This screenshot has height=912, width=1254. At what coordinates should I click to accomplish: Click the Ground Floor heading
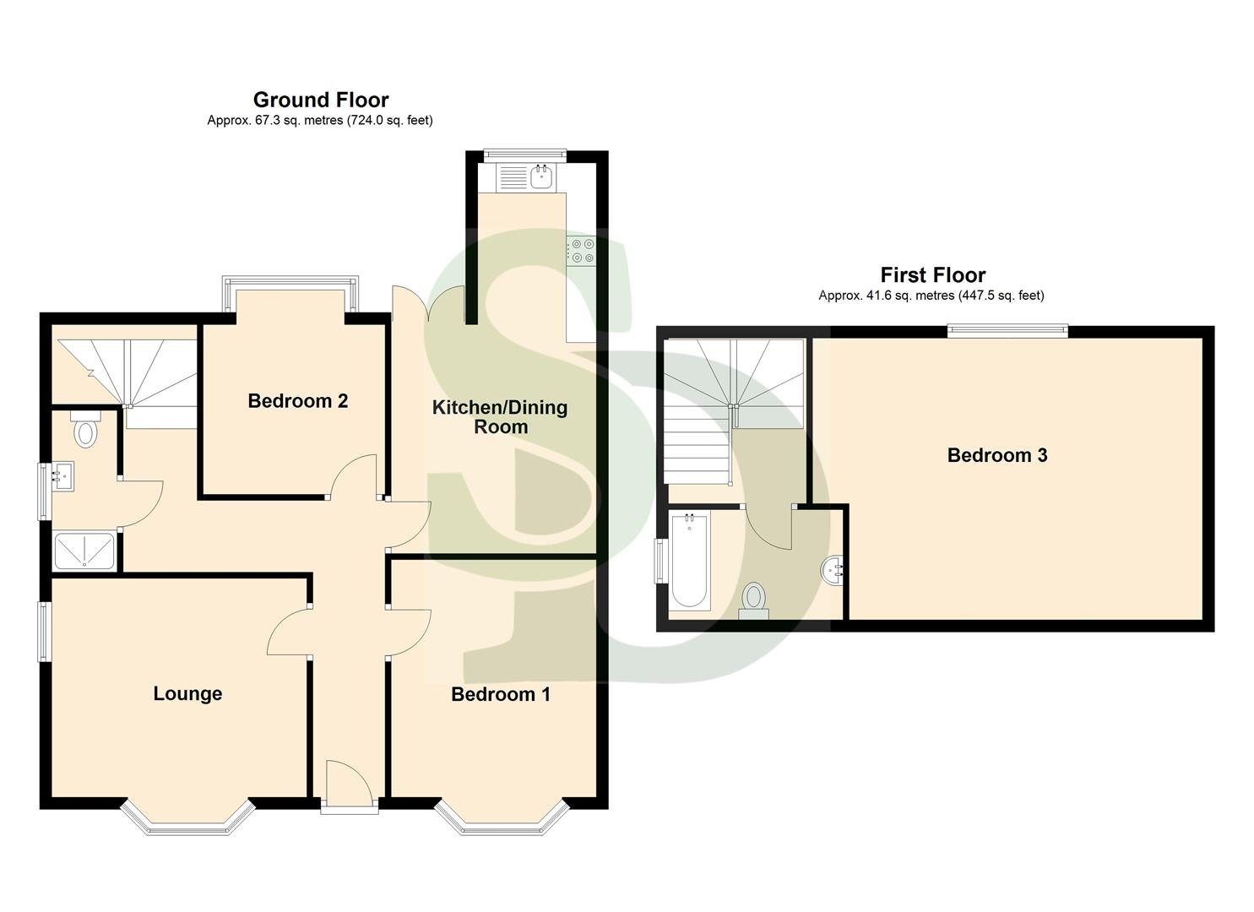click(x=321, y=100)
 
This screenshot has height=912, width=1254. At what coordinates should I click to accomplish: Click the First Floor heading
click(x=932, y=274)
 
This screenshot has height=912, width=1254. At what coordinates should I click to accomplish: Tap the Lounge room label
click(x=187, y=693)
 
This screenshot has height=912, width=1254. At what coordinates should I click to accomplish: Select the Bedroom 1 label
click(x=500, y=694)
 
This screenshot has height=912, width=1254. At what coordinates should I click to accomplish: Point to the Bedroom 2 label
click(x=297, y=400)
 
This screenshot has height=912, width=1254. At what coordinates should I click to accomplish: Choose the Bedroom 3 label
click(x=996, y=455)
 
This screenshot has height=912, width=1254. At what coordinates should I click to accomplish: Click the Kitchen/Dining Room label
click(x=500, y=417)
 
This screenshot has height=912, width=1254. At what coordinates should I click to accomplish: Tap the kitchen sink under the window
click(x=540, y=177)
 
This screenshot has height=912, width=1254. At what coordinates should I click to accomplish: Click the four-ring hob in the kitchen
click(x=581, y=251)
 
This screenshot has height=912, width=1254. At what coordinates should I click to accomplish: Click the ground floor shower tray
click(x=84, y=551)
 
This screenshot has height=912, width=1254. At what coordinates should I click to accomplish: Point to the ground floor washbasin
click(x=62, y=475)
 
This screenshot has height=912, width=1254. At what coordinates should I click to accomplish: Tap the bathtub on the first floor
click(x=690, y=562)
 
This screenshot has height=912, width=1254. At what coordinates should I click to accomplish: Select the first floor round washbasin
click(x=833, y=571)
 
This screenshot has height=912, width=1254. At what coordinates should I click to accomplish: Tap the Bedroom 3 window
click(x=1007, y=332)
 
